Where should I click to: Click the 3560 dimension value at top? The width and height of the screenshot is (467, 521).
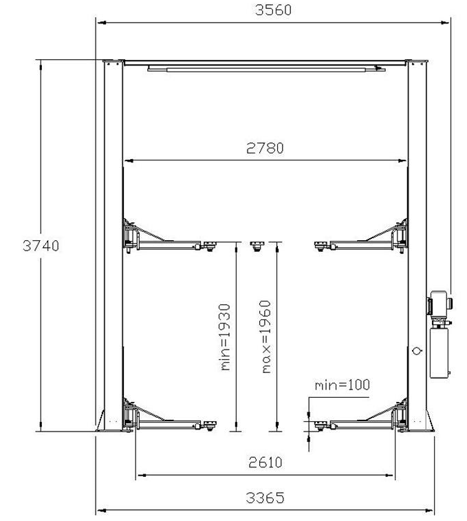pos(273,10)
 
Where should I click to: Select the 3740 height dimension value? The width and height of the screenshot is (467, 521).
pos(41,246)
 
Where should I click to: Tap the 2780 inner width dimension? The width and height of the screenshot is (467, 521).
pos(265,148)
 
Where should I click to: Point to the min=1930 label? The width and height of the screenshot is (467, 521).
pos(225,337)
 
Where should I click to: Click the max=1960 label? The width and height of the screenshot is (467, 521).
pos(266,337)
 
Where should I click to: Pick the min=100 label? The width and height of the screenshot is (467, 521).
pos(342,385)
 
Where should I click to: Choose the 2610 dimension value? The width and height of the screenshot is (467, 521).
pos(265,462)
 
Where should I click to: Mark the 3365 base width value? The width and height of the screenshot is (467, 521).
pos(265,498)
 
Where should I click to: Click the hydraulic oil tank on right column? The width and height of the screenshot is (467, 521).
pos(439,353)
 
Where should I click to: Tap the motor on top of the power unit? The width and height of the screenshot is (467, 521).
pos(439,304)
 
